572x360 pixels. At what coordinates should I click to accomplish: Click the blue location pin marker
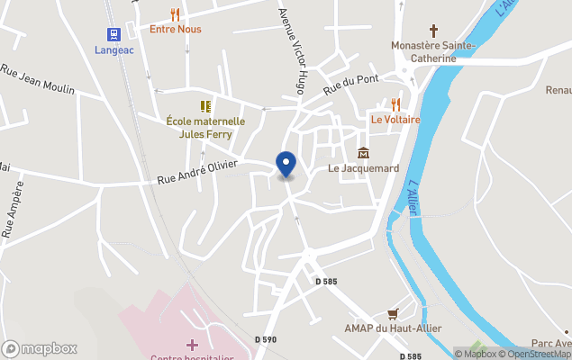[286, 164]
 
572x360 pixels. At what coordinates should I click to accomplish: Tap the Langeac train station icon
[114, 34]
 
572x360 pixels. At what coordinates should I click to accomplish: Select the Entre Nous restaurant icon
[176, 14]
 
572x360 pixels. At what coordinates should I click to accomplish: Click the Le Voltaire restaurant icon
[395, 104]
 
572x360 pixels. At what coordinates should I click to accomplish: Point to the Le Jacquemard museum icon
[363, 153]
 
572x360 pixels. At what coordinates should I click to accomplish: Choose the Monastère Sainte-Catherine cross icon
[432, 31]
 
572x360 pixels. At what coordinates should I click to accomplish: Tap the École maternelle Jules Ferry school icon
[205, 106]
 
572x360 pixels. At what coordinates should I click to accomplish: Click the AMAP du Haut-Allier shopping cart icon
[392, 313]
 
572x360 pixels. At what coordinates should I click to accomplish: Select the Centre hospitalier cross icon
[191, 345]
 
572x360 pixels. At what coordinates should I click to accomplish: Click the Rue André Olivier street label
[197, 171]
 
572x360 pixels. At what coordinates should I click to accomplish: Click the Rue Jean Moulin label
[37, 79]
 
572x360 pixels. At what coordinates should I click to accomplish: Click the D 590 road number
[266, 338]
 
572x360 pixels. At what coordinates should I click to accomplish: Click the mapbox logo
[40, 348]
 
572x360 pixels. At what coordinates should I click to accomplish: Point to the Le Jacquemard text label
[363, 168]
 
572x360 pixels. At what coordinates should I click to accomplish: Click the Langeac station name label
[115, 49]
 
